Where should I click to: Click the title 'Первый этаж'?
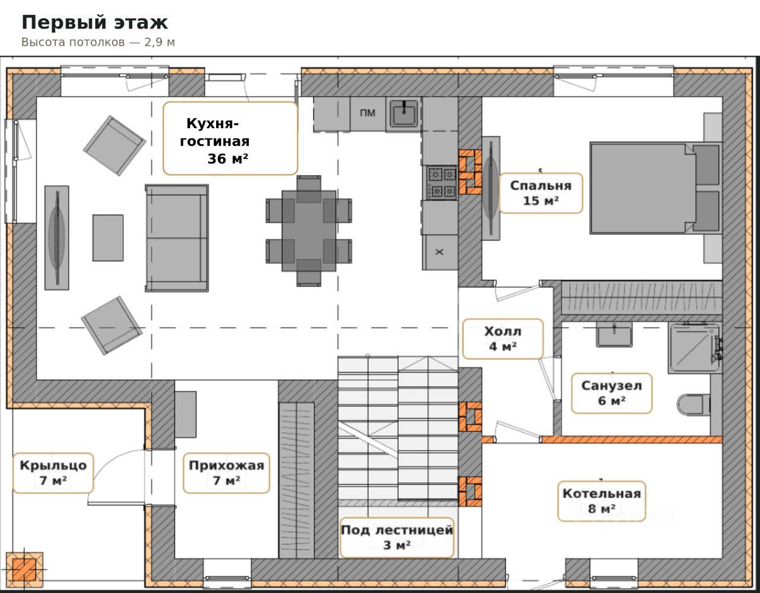[x=95, y=23]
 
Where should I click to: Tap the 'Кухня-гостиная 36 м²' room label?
[x=230, y=138]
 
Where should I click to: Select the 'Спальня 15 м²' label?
[x=541, y=193]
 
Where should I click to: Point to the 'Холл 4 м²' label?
[x=502, y=339]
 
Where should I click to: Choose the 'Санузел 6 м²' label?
[x=612, y=394]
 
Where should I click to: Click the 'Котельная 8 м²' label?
[x=601, y=502]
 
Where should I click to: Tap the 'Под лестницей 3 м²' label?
[x=397, y=538]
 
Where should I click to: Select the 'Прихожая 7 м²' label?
[x=226, y=473]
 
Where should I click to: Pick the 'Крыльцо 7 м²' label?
[x=53, y=473]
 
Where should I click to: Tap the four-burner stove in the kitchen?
[x=441, y=183]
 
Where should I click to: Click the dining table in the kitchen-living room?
[x=309, y=231]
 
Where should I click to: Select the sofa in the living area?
[x=177, y=238]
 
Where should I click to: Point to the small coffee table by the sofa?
[x=107, y=238]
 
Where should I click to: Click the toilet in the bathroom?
[x=693, y=405]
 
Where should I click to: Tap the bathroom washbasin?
[x=614, y=335]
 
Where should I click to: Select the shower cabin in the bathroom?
[x=695, y=347]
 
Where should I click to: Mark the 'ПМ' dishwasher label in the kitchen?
[x=368, y=113]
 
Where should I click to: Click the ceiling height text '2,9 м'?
[x=160, y=42]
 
